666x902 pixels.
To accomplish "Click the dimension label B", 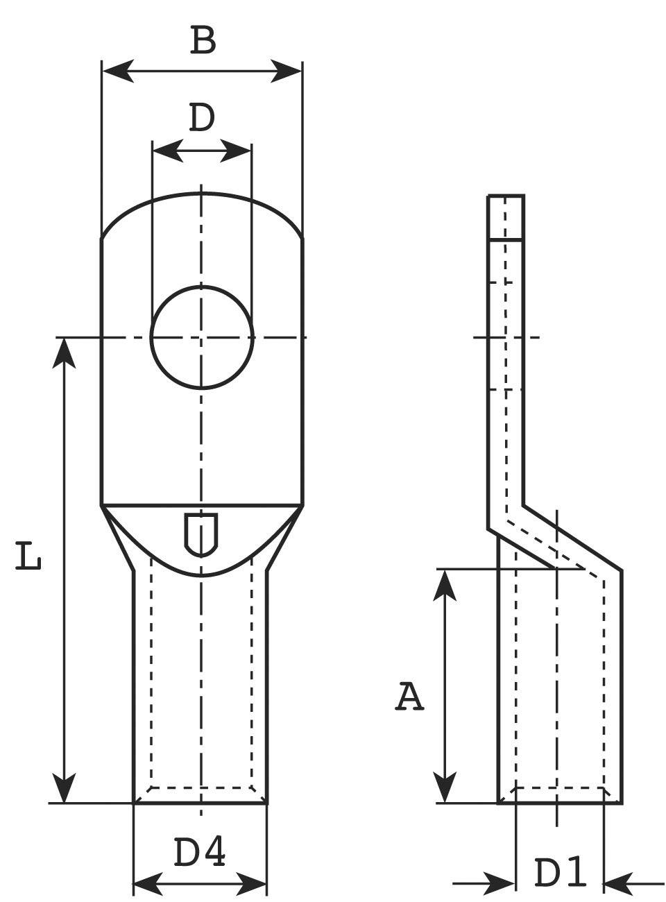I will coord(203,41).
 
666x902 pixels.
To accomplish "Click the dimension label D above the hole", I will coord(202,118).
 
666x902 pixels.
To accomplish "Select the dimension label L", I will coord(28,558).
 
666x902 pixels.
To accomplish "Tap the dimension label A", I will coord(409,697).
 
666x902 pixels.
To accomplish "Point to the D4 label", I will coord(199,853).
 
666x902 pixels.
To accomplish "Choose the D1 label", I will coord(561,873).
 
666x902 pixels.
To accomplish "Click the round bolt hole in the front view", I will coord(202,337).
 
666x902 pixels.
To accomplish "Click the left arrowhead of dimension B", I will coord(118,71).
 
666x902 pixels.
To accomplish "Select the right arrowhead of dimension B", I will coord(286,71).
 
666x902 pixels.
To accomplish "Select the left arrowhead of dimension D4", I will coord(147,884).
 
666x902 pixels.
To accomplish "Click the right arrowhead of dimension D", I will coord(236,150).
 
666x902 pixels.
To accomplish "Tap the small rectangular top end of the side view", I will coord(506,216).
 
